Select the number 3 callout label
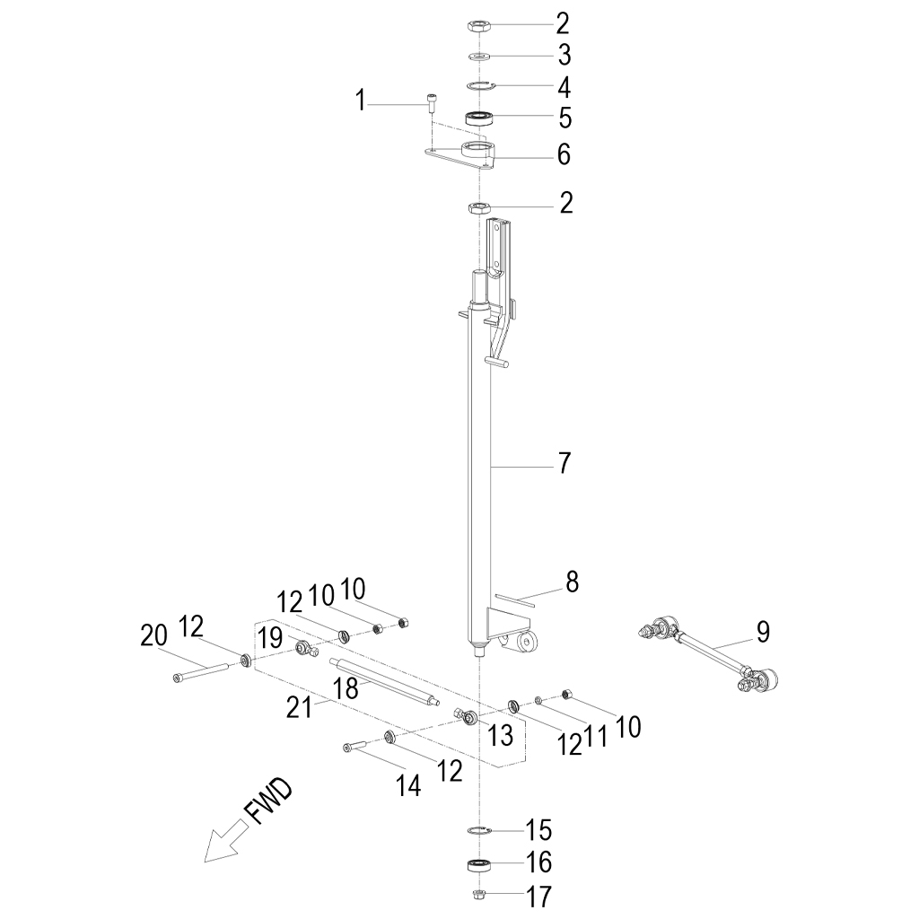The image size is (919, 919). point(564,56)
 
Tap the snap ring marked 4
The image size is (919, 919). point(481,86)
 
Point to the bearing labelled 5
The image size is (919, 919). point(481,117)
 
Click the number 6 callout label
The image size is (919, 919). point(564,154)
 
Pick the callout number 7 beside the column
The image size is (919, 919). point(564,464)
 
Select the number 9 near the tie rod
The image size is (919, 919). point(762,632)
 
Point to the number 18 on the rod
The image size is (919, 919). point(346,688)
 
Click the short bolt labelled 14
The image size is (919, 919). point(356,746)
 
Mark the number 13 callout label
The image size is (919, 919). point(501,735)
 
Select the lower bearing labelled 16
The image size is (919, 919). point(480,866)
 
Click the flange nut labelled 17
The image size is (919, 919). point(479,894)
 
